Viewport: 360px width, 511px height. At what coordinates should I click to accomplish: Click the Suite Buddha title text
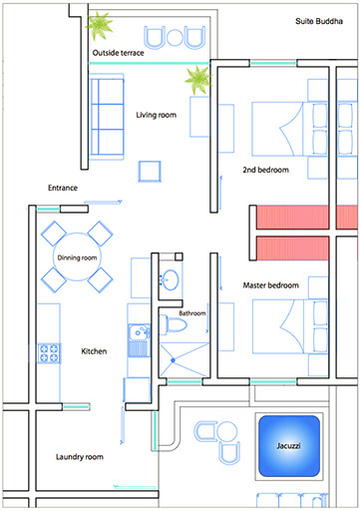pos(319,21)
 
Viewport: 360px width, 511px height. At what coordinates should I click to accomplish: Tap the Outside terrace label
pos(118,53)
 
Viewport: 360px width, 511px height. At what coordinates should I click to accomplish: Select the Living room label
pos(156,115)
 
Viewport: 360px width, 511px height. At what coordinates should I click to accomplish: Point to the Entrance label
pos(63,188)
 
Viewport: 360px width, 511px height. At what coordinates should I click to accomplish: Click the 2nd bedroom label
pos(265,170)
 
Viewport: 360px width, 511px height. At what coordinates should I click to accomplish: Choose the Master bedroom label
pos(270,285)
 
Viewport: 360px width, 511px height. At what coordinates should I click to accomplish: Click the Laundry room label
pos(80,457)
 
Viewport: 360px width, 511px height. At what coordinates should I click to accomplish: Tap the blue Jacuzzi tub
pos(289,446)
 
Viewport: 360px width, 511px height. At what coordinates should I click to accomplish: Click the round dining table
pos(77,256)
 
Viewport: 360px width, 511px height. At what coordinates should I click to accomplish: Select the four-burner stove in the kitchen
pos(49,353)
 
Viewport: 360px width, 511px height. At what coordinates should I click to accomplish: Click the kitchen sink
pos(139,340)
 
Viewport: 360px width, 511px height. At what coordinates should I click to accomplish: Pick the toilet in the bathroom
pos(174,324)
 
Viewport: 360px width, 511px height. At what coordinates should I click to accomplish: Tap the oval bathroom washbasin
pos(170,279)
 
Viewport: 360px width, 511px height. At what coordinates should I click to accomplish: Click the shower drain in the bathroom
pos(173,360)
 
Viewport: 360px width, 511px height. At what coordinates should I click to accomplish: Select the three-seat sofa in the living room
pos(107,117)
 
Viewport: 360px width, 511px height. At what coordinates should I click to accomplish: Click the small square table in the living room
pos(150,172)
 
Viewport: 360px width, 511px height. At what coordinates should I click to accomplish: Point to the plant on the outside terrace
pos(99,25)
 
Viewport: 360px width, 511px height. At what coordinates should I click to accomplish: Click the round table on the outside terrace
pos(175,38)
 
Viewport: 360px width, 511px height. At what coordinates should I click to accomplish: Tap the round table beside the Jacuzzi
pos(227,431)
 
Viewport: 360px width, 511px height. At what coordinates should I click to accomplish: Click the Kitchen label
pos(94,351)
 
